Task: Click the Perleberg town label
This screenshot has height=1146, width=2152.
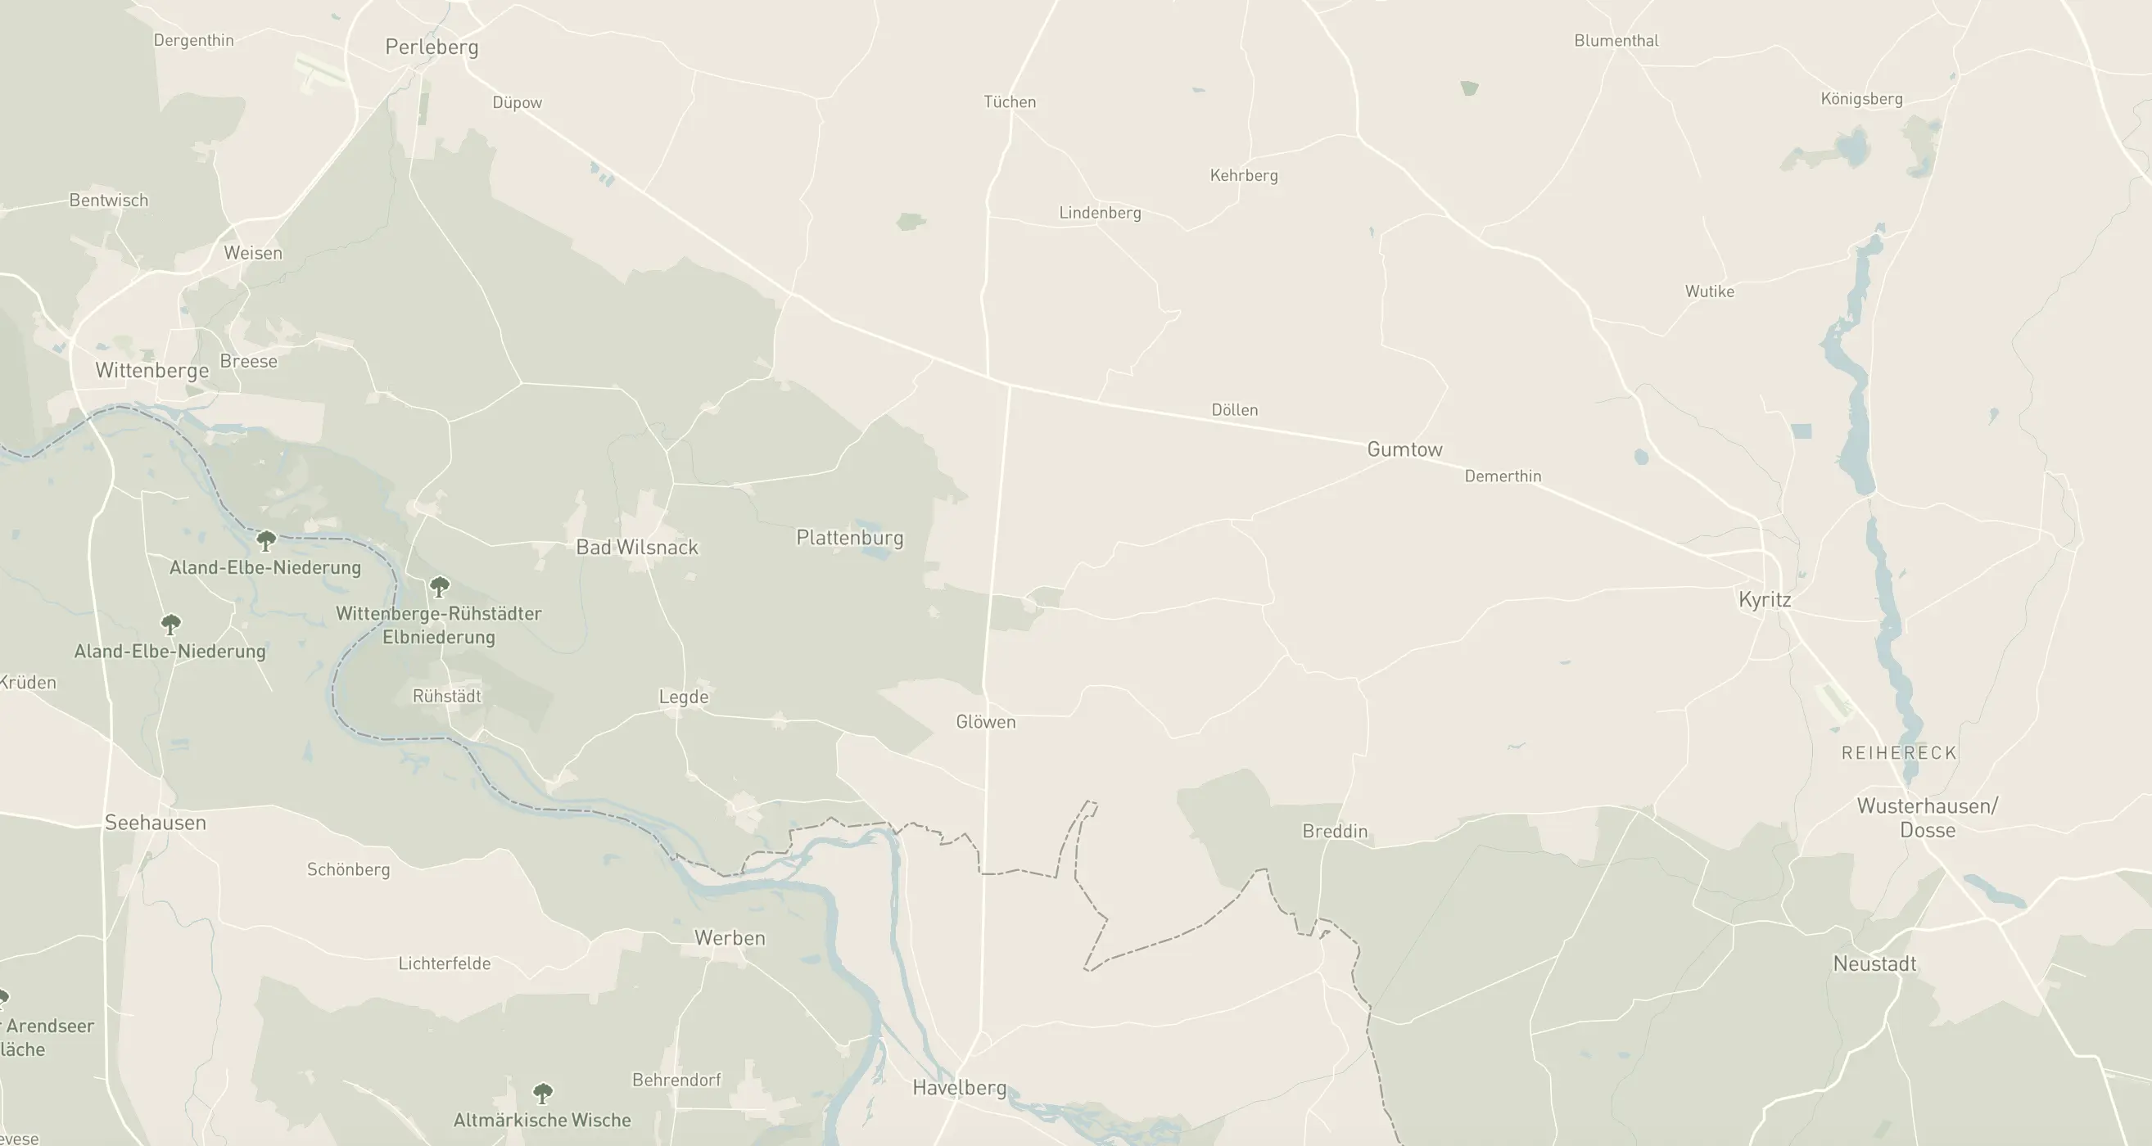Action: [x=432, y=47]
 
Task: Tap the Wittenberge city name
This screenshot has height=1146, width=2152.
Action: [x=152, y=370]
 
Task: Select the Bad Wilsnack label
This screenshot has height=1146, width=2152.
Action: [x=636, y=547]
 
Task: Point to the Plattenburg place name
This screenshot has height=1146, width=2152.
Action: [x=850, y=537]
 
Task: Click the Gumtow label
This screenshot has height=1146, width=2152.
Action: [x=1404, y=449]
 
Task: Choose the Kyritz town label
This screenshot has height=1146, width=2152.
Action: [x=1765, y=599]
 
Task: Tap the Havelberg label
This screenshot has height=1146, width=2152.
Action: [x=959, y=1087]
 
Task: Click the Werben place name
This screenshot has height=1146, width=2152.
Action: [x=730, y=937]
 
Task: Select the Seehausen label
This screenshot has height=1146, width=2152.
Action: [x=156, y=822]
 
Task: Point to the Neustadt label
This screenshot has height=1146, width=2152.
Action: [x=1874, y=963]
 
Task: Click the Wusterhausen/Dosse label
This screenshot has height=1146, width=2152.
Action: [x=1928, y=817]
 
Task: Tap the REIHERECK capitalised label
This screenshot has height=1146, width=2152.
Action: [x=1899, y=752]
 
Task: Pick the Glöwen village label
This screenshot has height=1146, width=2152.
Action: [x=986, y=722]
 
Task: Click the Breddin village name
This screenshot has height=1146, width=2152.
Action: [x=1335, y=831]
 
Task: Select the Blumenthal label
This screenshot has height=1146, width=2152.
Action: [x=1616, y=40]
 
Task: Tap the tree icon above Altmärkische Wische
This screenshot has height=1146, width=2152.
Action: [x=543, y=1093]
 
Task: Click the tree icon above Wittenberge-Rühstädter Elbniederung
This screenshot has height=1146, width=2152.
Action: [x=440, y=585]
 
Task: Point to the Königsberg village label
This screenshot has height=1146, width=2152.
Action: [x=1861, y=98]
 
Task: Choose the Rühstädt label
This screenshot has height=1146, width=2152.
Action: [x=447, y=696]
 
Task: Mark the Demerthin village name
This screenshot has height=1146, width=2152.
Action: [x=1503, y=476]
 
